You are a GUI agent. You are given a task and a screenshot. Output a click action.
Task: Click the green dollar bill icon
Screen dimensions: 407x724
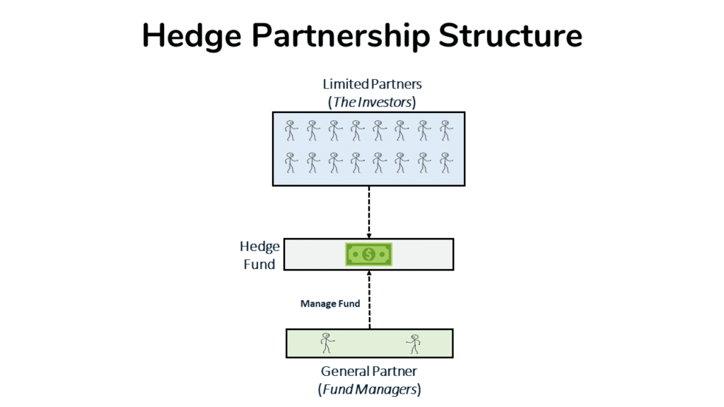click(x=368, y=254)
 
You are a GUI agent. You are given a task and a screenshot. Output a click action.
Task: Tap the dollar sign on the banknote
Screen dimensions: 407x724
click(x=368, y=254)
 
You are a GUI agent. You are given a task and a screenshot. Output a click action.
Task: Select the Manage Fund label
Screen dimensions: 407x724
click(x=330, y=304)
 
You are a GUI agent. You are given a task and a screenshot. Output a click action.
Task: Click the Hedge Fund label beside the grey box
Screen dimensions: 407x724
click(x=259, y=255)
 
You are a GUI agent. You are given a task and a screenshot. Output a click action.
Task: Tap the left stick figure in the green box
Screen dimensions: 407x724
click(x=327, y=343)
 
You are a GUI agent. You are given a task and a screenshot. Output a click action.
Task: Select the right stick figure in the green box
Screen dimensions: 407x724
click(x=414, y=343)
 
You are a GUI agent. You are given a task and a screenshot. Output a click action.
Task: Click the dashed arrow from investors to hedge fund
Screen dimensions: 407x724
click(x=369, y=209)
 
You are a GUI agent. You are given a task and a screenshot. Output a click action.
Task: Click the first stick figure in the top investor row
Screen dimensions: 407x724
click(x=291, y=131)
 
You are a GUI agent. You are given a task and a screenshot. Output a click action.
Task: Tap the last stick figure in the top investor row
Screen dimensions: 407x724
click(x=445, y=131)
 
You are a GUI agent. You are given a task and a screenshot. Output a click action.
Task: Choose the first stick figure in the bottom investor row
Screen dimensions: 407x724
click(x=291, y=163)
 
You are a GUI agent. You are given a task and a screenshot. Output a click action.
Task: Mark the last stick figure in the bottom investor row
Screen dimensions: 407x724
click(x=445, y=163)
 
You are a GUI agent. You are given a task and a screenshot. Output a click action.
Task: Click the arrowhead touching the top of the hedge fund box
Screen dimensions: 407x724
click(x=369, y=235)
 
